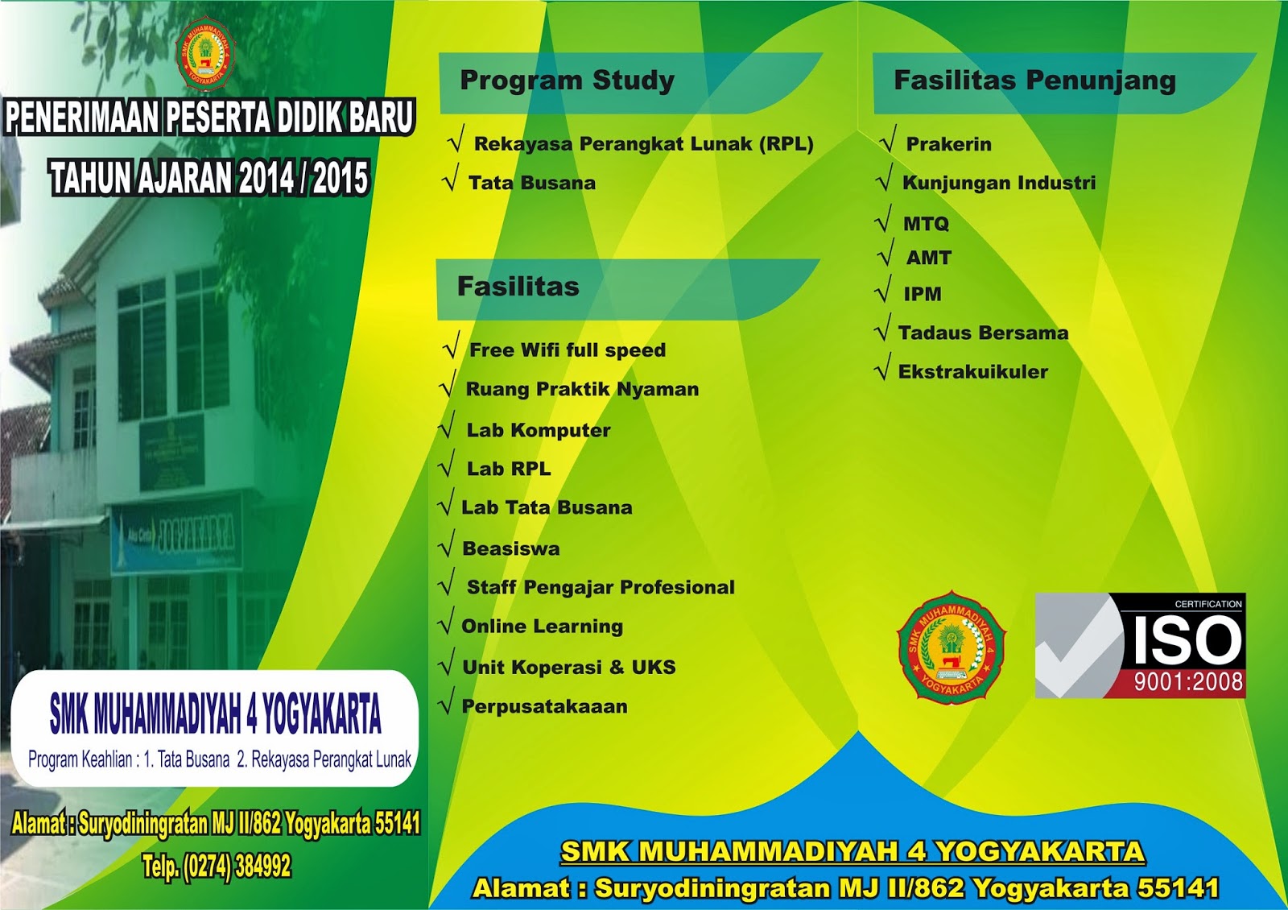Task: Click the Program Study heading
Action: (567, 81)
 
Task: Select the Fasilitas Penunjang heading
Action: (1034, 81)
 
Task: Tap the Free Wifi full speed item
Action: (567, 350)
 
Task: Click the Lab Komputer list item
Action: (538, 430)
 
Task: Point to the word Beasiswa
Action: (510, 548)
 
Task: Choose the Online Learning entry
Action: (542, 627)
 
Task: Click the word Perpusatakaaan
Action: (544, 706)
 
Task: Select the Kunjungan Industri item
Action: (998, 183)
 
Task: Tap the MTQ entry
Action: (926, 223)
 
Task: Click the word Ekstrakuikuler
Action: (972, 372)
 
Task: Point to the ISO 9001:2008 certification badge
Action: (1140, 646)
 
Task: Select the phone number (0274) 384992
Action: (237, 867)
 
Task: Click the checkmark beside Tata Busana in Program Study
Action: (451, 178)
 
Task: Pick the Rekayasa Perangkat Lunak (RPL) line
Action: (643, 144)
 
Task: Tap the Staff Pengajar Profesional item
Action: (600, 587)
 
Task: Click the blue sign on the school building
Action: (176, 533)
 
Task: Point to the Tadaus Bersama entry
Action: (983, 333)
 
